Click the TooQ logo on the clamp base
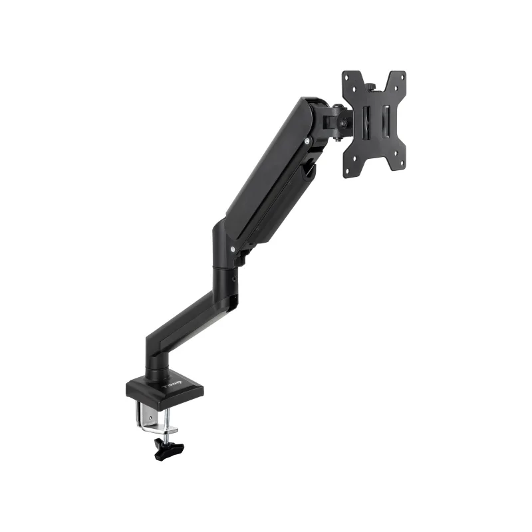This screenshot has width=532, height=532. click(173, 385)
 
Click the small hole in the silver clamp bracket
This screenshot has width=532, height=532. click(150, 418)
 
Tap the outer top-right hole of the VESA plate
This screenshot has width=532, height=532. click(402, 76)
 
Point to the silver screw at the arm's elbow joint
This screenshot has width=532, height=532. click(233, 249)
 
